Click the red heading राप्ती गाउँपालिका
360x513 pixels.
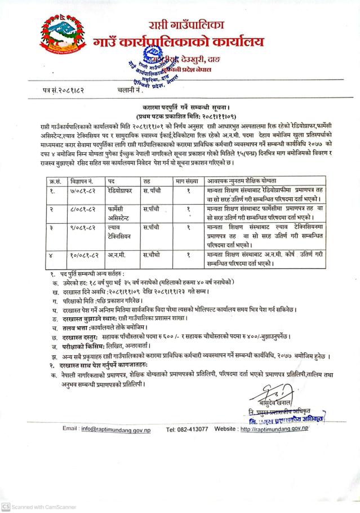tap(186, 26)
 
